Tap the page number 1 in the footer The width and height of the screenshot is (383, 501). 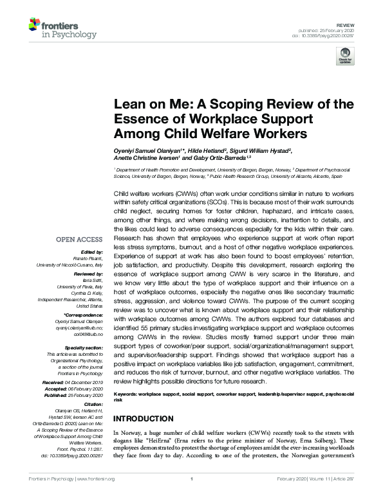pos(191,497)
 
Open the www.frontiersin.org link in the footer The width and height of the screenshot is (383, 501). pos(97,497)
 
